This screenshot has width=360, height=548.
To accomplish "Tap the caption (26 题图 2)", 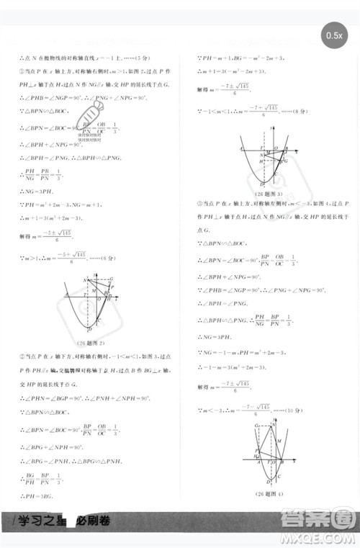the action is (91, 342).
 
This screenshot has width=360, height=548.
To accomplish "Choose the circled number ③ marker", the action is (199, 204).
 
